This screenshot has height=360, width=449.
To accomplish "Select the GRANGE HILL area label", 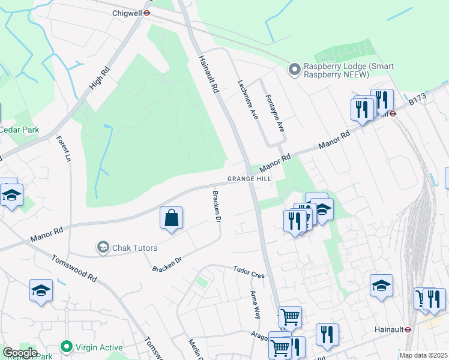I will [x=249, y=179].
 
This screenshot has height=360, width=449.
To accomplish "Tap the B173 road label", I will [x=417, y=100].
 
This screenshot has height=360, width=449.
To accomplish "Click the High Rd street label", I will [x=100, y=78].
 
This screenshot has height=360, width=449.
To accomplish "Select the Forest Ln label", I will [x=64, y=149].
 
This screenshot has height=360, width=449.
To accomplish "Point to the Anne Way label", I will [x=256, y=304].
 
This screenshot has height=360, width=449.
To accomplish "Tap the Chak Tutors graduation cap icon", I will [x=103, y=247].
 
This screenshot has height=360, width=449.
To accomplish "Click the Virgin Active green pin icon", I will [x=65, y=346].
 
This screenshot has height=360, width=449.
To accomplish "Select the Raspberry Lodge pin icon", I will [x=294, y=70].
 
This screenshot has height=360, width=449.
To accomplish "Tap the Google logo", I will [x=19, y=353].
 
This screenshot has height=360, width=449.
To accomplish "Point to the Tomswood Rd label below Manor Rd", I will [x=74, y=269].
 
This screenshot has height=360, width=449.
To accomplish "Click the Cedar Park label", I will [x=19, y=130].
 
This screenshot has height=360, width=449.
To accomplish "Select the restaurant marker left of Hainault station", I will [x=327, y=334].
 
